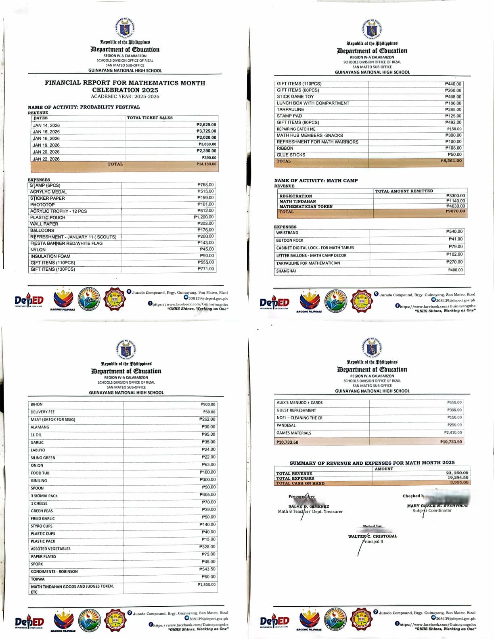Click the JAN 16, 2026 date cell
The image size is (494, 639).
46,138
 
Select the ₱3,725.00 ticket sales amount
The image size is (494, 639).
206,131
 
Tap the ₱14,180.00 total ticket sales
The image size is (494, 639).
206,164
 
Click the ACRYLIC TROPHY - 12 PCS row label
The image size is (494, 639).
59,211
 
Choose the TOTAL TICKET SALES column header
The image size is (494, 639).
150,118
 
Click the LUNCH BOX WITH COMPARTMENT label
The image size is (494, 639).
313,103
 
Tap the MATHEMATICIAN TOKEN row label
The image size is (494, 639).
306,207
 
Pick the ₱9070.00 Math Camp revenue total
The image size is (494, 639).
455,211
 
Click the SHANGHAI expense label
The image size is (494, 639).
286,271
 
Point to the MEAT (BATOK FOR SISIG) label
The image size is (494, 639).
53,420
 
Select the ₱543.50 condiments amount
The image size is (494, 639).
207,569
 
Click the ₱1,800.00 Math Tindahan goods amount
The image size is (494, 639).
207,585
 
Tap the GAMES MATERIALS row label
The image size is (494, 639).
294,433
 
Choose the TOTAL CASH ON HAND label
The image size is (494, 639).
300,483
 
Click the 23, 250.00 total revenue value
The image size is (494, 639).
457,473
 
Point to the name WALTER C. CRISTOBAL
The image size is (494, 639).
373,536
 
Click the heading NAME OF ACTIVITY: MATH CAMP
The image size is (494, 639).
316,181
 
